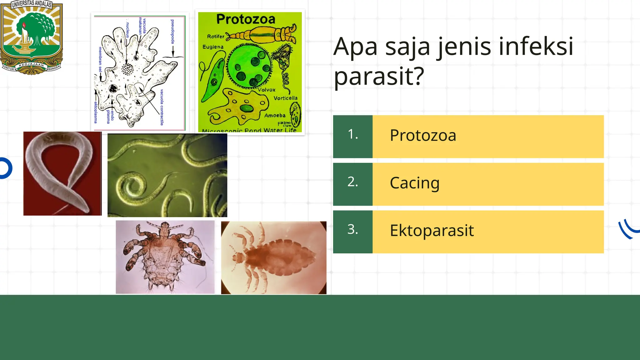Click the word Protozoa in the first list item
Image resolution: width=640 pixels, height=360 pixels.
[x=423, y=136]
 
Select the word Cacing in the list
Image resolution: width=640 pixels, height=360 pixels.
[x=414, y=183]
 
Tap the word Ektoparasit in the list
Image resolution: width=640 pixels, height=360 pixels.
[x=432, y=231]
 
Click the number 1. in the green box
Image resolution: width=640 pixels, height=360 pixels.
[x=352, y=134]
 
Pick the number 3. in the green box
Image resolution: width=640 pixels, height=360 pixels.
[x=352, y=229]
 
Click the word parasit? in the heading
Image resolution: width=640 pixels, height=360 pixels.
[x=379, y=76]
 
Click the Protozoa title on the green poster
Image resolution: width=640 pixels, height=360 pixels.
[x=246, y=19]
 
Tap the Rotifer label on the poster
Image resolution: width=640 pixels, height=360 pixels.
[x=216, y=37]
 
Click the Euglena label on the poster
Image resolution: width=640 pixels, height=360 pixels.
[x=213, y=47]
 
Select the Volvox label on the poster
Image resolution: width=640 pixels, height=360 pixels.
[x=267, y=90]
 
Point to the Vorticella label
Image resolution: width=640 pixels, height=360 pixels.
[x=285, y=98]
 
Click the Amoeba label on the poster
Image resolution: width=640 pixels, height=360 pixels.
[x=275, y=116]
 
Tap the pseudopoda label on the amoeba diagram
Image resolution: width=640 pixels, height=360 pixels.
[x=172, y=31]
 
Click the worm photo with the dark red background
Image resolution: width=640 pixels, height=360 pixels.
[x=62, y=173]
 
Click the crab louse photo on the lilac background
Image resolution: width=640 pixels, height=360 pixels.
[x=165, y=257]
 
